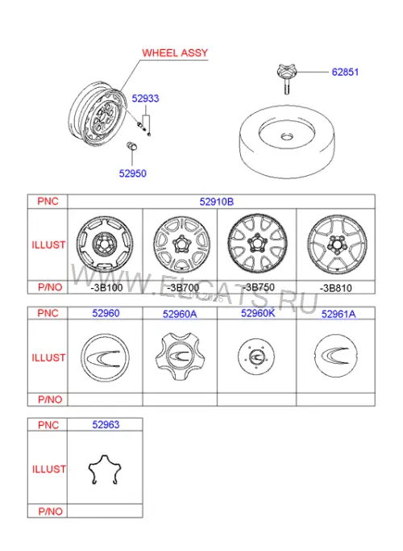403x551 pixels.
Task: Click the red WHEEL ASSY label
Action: pos(175,52)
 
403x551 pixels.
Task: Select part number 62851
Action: pos(345,72)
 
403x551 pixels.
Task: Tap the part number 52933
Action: pos(145,98)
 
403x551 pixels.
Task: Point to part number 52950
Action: pos(132,173)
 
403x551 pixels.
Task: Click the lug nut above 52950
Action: pos(131,146)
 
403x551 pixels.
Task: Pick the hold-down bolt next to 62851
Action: pos(286,79)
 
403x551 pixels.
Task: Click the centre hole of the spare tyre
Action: pos(288,136)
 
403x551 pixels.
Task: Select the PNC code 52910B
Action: pos(217,202)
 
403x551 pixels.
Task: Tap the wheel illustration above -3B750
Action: pos(257,243)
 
